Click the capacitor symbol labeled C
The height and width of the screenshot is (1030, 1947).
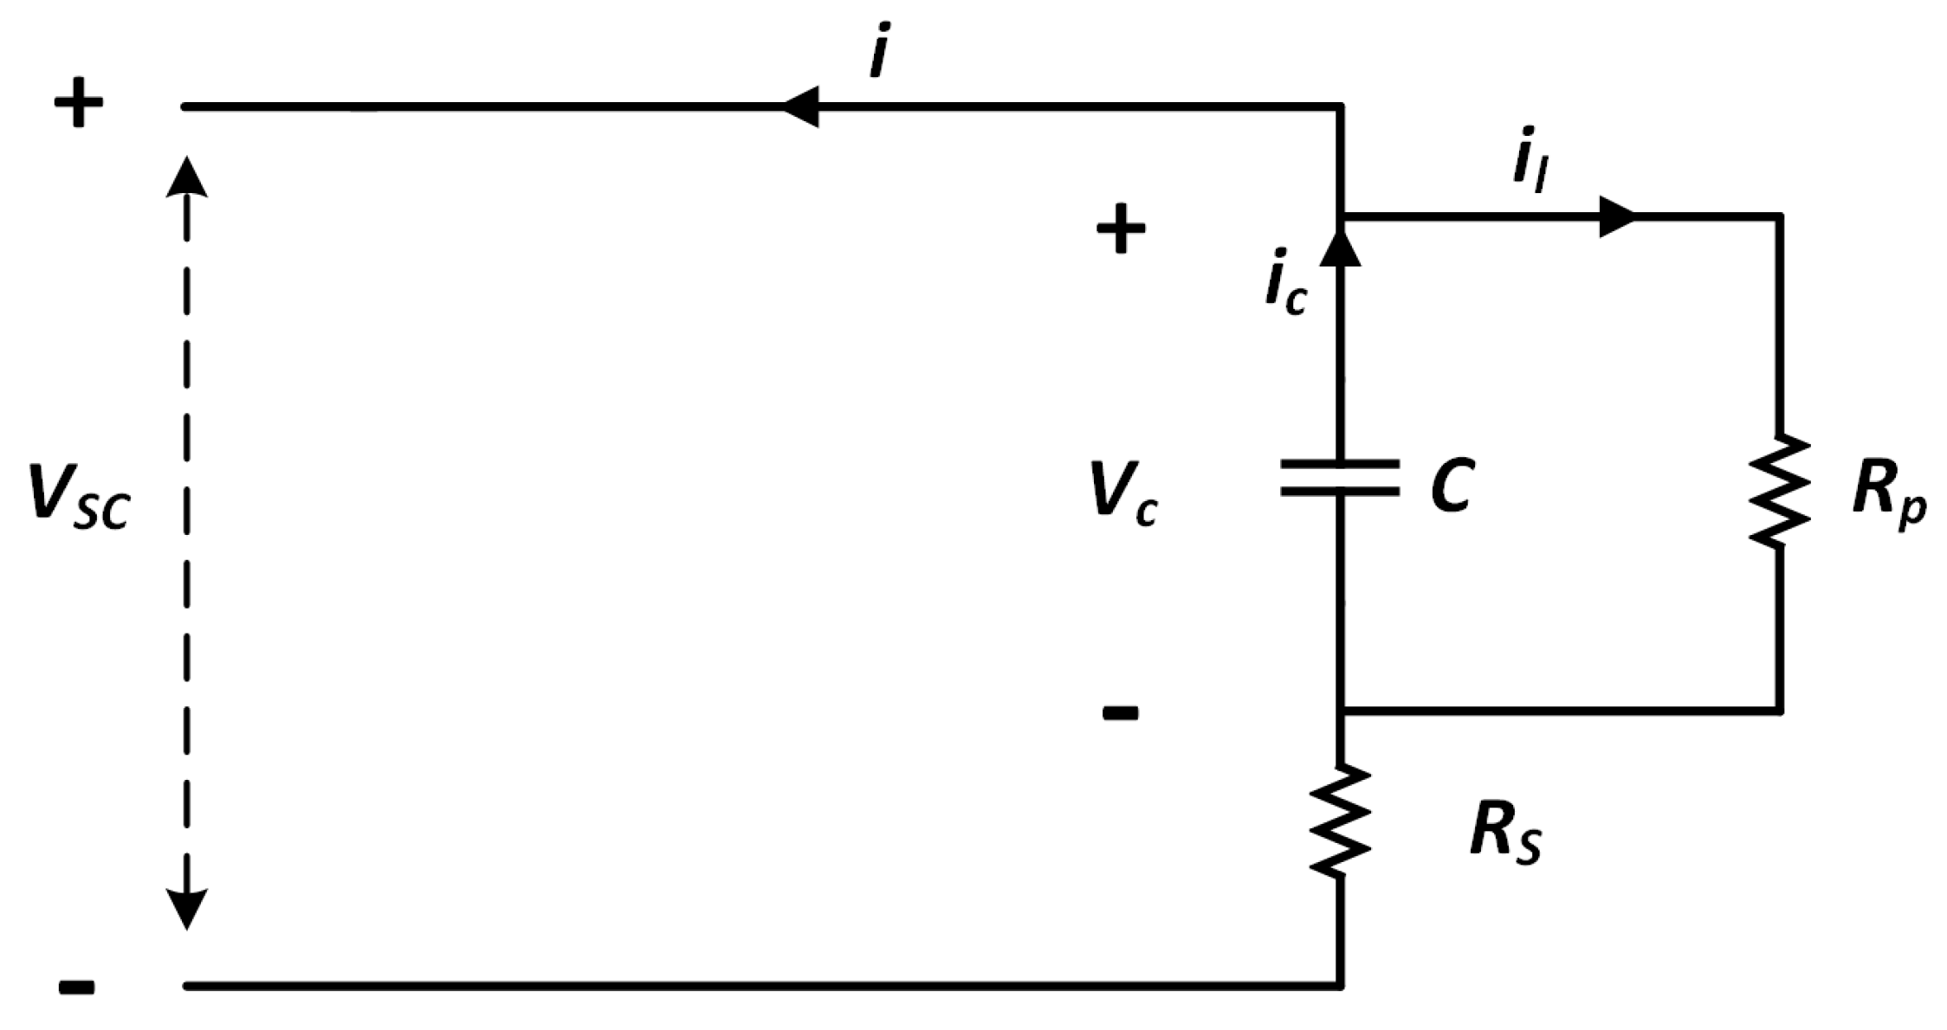pos(1340,478)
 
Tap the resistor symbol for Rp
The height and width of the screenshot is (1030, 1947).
pos(1779,492)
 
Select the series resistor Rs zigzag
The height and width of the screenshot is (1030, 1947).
pos(1340,821)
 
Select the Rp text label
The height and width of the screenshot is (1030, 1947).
pos(1888,495)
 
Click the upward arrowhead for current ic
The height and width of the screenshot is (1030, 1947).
pos(1340,247)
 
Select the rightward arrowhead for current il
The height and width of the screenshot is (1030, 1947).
pos(1616,216)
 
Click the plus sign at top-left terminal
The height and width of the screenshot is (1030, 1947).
pos(79,103)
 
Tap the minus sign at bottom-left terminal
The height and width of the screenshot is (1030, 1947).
pos(77,987)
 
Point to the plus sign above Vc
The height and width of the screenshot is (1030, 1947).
pos(1121,229)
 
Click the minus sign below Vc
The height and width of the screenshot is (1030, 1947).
pos(1120,713)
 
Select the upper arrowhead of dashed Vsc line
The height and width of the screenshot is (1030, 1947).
pos(186,177)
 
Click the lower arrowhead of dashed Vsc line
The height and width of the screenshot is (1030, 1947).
pos(186,909)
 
